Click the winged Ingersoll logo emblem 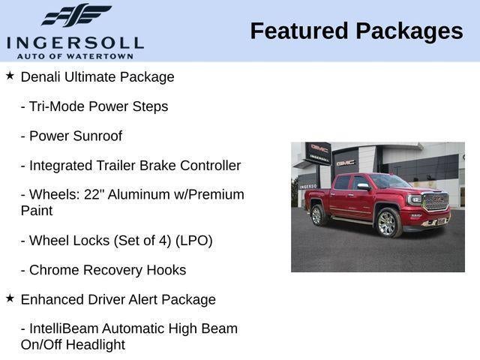point(76,15)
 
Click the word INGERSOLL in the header point(75,43)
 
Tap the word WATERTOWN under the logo point(100,56)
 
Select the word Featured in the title point(299,31)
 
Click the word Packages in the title point(409,31)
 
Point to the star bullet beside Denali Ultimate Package point(10,76)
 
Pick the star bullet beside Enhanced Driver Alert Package point(10,298)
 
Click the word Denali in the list point(40,76)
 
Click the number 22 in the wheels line point(92,194)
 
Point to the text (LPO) point(193,241)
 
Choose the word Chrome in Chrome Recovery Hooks point(54,270)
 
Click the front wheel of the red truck point(388,223)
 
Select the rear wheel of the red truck point(317,215)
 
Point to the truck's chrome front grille point(436,202)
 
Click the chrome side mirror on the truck point(363,187)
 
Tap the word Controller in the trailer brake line point(210,166)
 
